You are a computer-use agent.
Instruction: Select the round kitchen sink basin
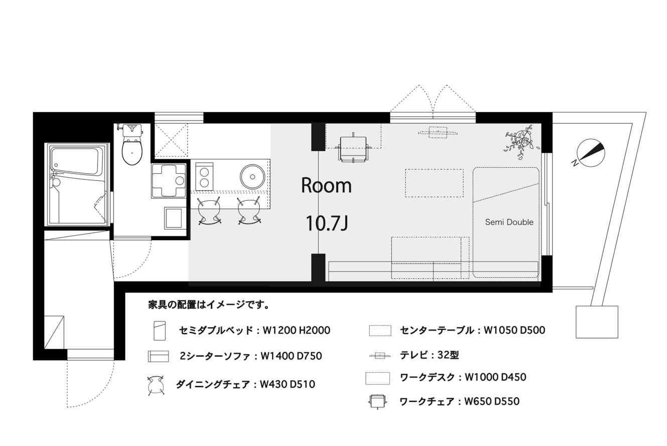point(253,176)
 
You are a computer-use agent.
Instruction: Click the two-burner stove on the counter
point(204,176)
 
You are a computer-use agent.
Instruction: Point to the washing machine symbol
point(169,181)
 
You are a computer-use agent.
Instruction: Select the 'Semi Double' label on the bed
point(509,222)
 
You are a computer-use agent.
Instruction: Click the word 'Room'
point(326,185)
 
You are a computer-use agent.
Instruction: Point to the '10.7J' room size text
point(327,224)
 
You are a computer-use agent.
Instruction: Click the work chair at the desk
point(353,148)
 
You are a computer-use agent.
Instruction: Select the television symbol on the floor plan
point(438,133)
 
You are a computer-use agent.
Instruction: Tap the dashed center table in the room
point(434,183)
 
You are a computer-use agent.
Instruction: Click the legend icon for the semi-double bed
point(159,330)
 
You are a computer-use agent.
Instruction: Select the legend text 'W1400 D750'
point(291,356)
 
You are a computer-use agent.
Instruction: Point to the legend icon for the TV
point(380,356)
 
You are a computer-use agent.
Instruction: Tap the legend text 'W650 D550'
point(492,401)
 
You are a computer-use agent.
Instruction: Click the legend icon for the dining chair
point(156,386)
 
